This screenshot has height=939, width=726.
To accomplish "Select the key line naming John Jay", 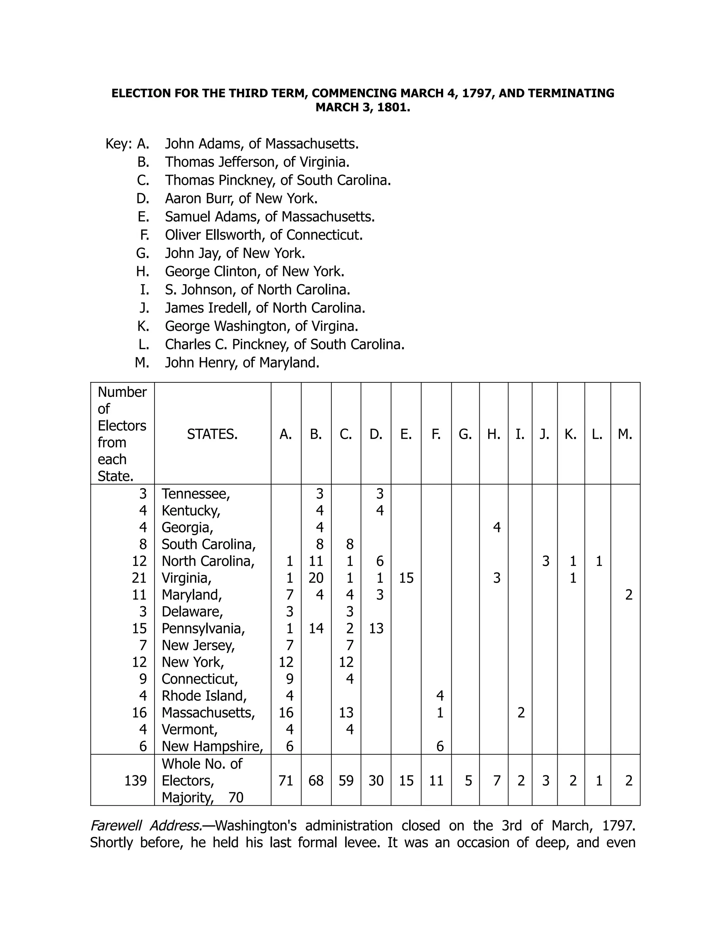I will click(x=235, y=253).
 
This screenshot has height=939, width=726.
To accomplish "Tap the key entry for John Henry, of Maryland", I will click(x=242, y=362).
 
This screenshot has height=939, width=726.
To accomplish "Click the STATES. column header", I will click(x=212, y=434).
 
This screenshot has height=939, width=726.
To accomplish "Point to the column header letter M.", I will click(x=625, y=434).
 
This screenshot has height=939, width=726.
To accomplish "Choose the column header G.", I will click(x=465, y=434).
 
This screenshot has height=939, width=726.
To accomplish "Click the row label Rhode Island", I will click(x=204, y=696).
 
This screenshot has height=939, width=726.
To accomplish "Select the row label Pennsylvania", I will click(x=203, y=629).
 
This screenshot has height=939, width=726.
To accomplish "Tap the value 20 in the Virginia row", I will click(x=316, y=578).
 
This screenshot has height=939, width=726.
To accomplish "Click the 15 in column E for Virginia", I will click(x=406, y=578).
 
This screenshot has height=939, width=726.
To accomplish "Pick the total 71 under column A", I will click(x=286, y=780).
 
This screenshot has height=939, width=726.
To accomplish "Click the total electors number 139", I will click(x=135, y=780).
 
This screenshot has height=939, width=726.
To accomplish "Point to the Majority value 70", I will click(x=236, y=798).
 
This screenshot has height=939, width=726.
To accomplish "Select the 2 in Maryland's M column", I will click(x=629, y=595).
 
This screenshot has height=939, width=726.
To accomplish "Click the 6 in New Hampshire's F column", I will click(x=440, y=746).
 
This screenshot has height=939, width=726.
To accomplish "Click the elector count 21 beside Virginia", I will click(x=139, y=578).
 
